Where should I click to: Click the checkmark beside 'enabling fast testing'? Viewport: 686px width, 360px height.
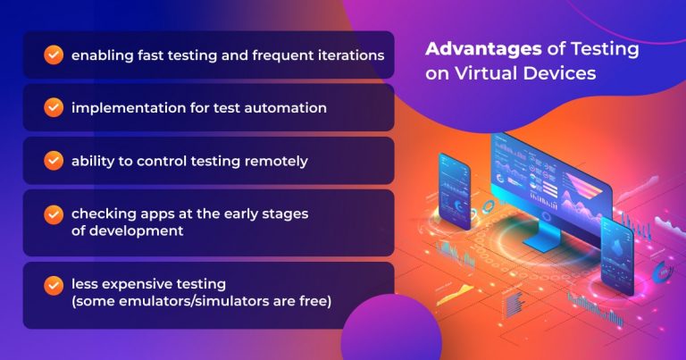pyautogui.click(x=54, y=55)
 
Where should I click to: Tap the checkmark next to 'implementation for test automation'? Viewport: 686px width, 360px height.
pyautogui.click(x=54, y=107)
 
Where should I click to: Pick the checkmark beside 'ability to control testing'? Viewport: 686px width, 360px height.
pyautogui.click(x=54, y=161)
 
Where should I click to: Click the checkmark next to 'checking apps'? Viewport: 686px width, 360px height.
pyautogui.click(x=54, y=214)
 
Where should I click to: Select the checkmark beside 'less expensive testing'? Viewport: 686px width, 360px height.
pyautogui.click(x=54, y=285)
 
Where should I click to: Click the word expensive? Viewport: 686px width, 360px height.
pyautogui.click(x=129, y=285)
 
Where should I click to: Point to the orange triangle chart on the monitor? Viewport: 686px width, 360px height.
pyautogui.click(x=581, y=184)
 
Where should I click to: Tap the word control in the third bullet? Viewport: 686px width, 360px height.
pyautogui.click(x=162, y=161)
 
